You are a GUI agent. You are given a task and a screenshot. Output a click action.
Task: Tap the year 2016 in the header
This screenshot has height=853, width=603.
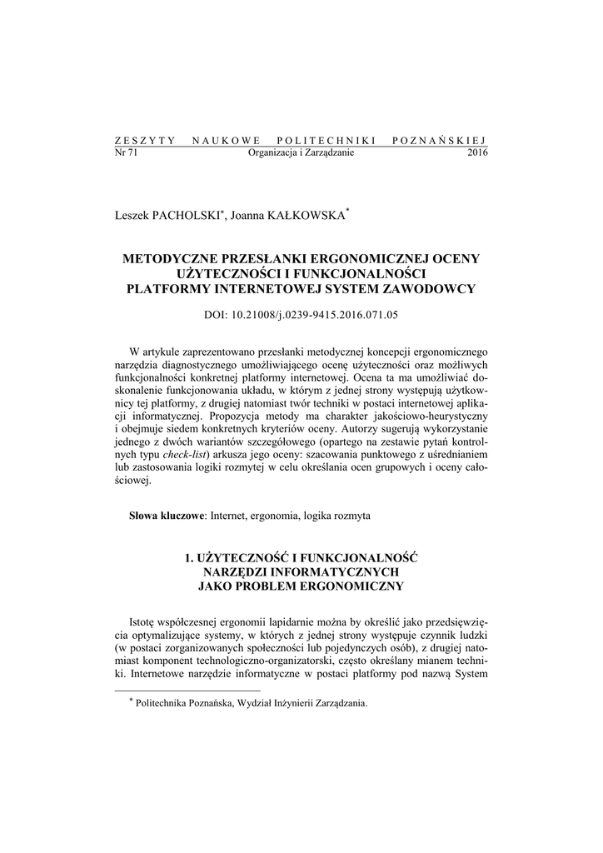[477, 152]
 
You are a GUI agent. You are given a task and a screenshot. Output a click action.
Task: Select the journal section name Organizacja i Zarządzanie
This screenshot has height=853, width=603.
[301, 152]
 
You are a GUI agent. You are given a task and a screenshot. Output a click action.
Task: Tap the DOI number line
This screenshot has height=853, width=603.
[301, 316]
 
